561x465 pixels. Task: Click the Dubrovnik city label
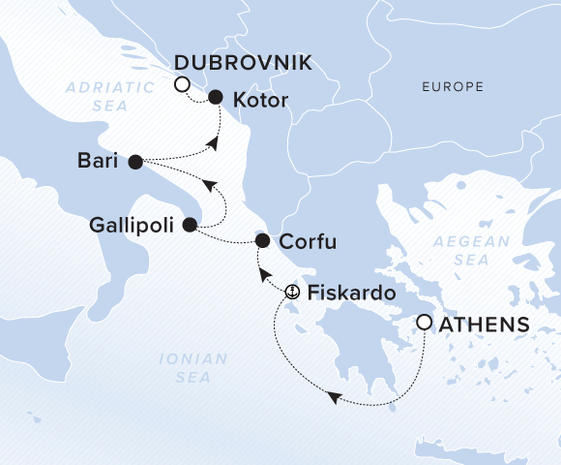pyautogui.click(x=243, y=63)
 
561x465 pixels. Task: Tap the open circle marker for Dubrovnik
pyautogui.click(x=182, y=85)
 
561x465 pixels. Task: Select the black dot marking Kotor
pyautogui.click(x=216, y=97)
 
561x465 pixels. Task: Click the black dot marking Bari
pyautogui.click(x=135, y=161)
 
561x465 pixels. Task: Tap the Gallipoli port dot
pyautogui.click(x=190, y=224)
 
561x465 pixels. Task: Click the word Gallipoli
pyautogui.click(x=132, y=225)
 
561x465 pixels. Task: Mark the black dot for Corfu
pyautogui.click(x=261, y=240)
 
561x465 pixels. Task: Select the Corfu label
pyautogui.click(x=308, y=241)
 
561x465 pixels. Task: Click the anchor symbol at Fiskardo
pyautogui.click(x=293, y=291)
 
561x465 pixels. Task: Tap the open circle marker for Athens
pyautogui.click(x=424, y=322)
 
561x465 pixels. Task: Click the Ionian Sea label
pyautogui.click(x=193, y=368)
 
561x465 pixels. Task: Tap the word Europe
pyautogui.click(x=452, y=87)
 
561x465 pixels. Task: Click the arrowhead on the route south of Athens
pyautogui.click(x=333, y=397)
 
